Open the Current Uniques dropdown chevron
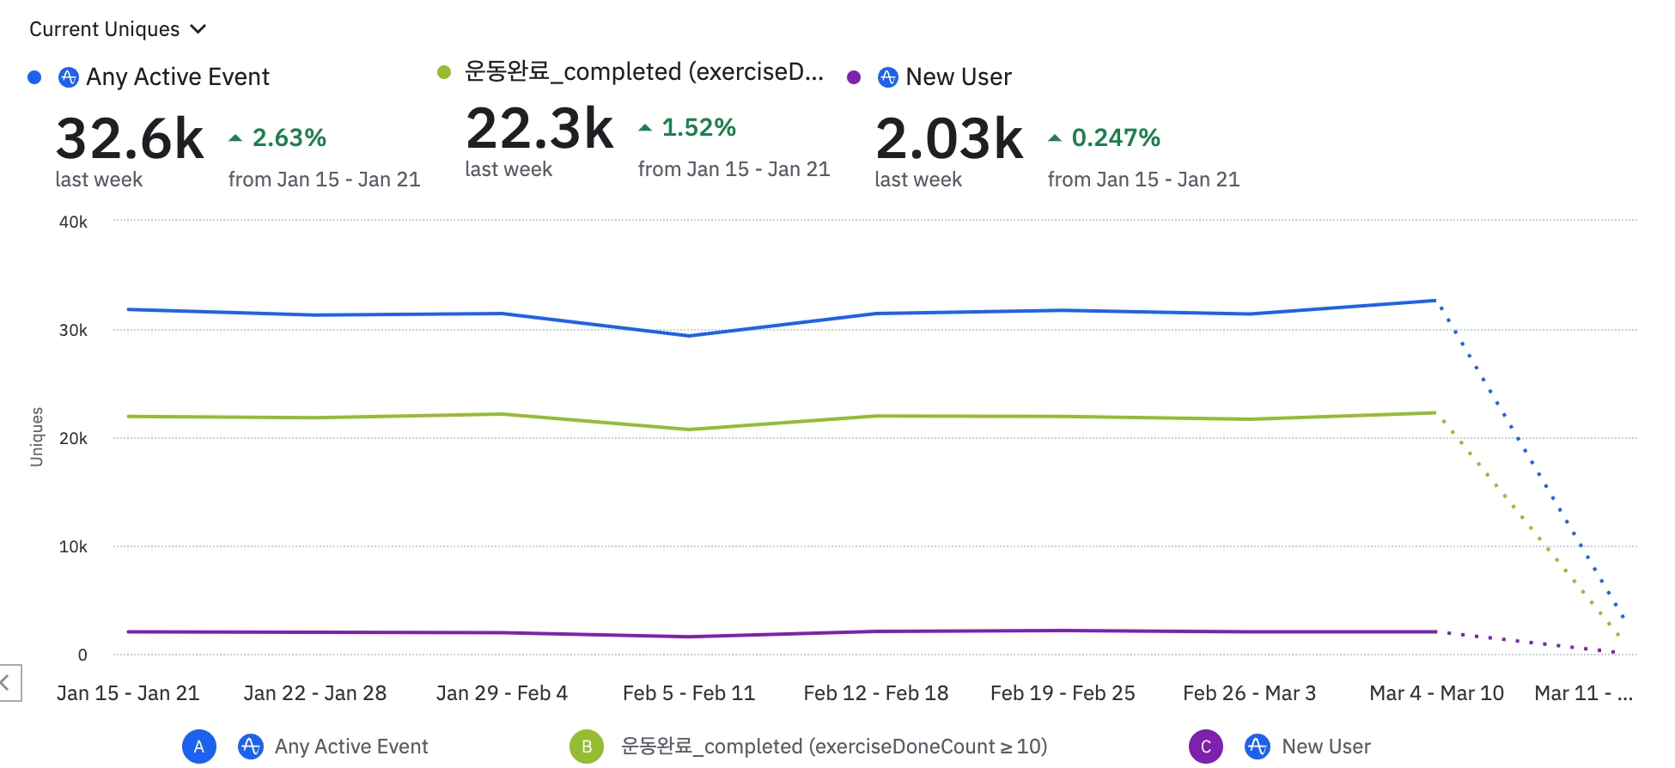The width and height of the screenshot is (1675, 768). coord(198,29)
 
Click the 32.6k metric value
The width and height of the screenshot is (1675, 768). coord(130,138)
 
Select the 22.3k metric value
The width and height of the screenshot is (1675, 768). coord(539,129)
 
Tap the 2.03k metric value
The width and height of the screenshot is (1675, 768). coord(949,138)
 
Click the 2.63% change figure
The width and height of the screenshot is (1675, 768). coord(289,137)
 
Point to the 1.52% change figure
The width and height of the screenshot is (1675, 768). coord(698,128)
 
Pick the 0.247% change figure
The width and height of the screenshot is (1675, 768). coord(1115,137)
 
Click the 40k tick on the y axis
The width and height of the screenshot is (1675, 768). coord(73,222)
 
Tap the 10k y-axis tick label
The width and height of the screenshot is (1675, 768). coord(73,547)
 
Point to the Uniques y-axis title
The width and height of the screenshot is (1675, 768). coord(36,437)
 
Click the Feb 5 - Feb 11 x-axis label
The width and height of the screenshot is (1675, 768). coord(689,693)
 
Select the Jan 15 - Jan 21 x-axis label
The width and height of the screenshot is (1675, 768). coord(128,693)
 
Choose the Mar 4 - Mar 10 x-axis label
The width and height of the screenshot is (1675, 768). coord(1436,693)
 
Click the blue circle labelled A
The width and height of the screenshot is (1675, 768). coord(198,747)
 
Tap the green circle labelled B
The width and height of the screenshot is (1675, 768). coord(587,747)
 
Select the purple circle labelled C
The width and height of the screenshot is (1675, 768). coord(1205,747)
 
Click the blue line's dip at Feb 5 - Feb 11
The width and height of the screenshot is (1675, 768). coord(689,335)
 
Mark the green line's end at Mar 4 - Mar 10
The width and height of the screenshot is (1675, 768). coord(1435,413)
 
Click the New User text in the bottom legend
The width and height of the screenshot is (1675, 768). coord(1325,747)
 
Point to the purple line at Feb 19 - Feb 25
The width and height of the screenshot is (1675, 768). coord(1063,631)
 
